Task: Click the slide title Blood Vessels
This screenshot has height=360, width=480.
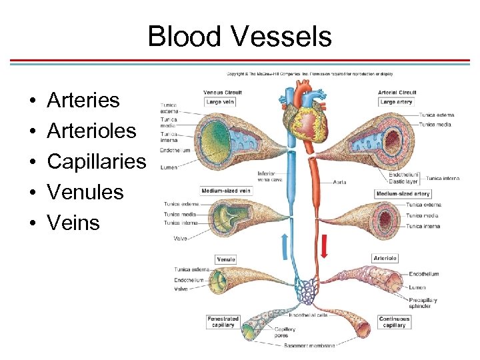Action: [x=239, y=36]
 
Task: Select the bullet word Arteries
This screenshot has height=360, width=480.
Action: [x=83, y=101]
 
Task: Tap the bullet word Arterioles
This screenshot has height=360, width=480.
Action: [x=92, y=131]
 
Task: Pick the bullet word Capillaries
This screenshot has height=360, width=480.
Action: [x=96, y=162]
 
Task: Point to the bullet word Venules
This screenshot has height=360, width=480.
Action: [x=85, y=193]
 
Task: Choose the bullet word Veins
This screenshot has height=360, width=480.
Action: [x=73, y=223]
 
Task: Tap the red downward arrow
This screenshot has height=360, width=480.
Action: [x=325, y=246]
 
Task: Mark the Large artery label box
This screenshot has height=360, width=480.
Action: [x=397, y=102]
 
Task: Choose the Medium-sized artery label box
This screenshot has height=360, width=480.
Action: [x=403, y=194]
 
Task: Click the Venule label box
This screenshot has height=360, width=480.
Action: [x=226, y=259]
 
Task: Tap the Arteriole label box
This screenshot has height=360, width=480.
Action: [x=385, y=258]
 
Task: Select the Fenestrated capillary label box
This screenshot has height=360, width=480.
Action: [x=223, y=322]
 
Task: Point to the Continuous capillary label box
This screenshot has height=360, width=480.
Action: [x=394, y=322]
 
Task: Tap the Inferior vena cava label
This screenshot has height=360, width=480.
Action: [x=267, y=177]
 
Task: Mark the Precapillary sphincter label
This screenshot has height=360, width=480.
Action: [x=423, y=303]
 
